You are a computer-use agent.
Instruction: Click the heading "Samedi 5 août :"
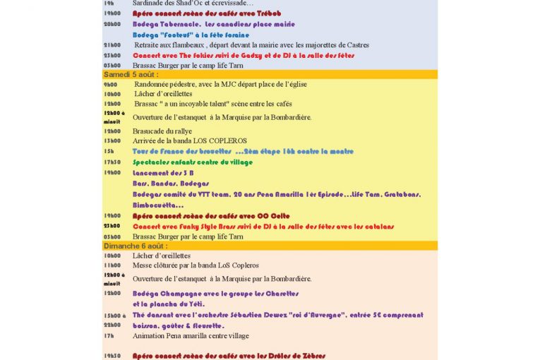[131, 74]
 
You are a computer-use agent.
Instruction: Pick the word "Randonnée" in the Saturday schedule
[151, 84]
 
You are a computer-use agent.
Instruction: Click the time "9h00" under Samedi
[110, 84]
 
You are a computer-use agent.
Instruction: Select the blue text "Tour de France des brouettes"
[182, 151]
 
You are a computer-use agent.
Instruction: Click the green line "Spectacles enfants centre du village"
[192, 162]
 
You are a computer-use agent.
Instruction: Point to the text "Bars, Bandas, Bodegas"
[168, 184]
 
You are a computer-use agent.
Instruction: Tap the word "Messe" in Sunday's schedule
[143, 265]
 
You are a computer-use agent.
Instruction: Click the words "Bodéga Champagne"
[166, 293]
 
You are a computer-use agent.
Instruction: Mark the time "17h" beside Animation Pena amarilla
[108, 336]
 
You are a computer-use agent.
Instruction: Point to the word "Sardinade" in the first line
[149, 4]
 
